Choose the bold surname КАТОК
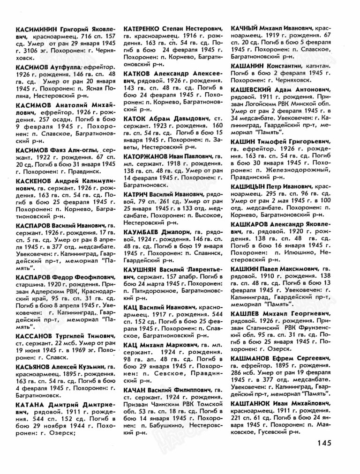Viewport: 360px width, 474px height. pyautogui.click(x=135, y=119)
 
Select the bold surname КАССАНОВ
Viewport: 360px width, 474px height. pyautogui.click(x=35, y=336)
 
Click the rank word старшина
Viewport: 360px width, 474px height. pyautogui.click(x=31, y=284)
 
